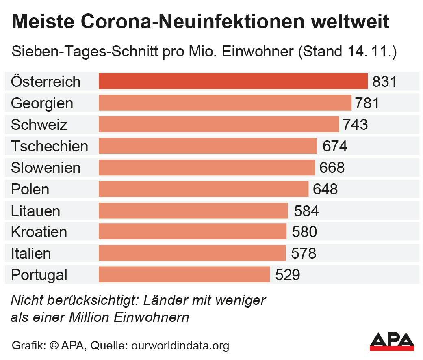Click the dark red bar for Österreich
(x=233, y=81)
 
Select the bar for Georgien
(x=225, y=103)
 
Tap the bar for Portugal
(x=184, y=275)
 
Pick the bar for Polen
(x=203, y=189)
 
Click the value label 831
(x=384, y=82)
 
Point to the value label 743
(x=355, y=125)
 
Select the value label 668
(x=332, y=168)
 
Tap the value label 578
(x=304, y=254)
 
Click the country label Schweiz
(x=39, y=125)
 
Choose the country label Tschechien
(x=49, y=146)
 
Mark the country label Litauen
(x=35, y=211)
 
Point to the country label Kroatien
(x=39, y=232)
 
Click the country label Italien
(x=31, y=254)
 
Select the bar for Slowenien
(x=206, y=168)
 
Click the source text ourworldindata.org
(x=180, y=346)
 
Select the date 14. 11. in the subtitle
(x=369, y=52)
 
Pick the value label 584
(x=306, y=211)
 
